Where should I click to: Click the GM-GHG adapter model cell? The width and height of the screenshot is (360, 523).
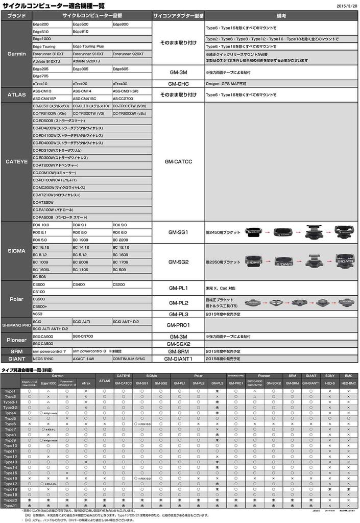(179, 83)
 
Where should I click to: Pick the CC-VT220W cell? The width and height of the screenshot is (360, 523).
(43, 202)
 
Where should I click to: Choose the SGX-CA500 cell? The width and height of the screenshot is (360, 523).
(43, 344)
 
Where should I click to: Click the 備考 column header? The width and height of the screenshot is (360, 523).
(281, 16)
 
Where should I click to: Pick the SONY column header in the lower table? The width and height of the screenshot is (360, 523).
(330, 375)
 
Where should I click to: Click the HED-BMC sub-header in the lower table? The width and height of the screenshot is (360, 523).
(349, 383)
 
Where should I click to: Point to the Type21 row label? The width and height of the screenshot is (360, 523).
(11, 505)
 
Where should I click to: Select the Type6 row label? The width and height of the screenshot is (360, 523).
(10, 424)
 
